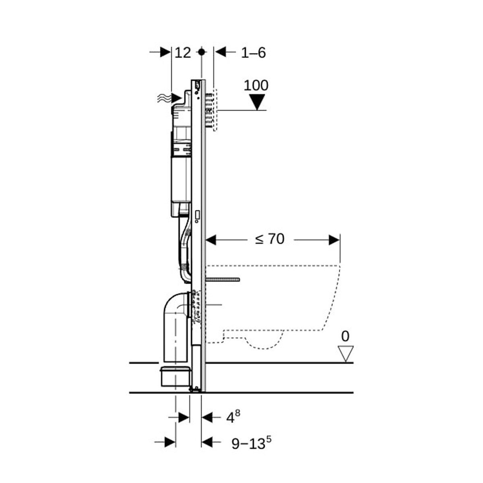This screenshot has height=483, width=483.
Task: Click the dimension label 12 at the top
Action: click(182, 53)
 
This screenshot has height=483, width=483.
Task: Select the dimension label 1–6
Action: click(253, 53)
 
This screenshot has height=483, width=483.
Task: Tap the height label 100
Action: click(256, 85)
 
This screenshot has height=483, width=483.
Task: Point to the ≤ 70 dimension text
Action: click(270, 239)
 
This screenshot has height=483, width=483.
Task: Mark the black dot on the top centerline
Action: click(202, 52)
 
